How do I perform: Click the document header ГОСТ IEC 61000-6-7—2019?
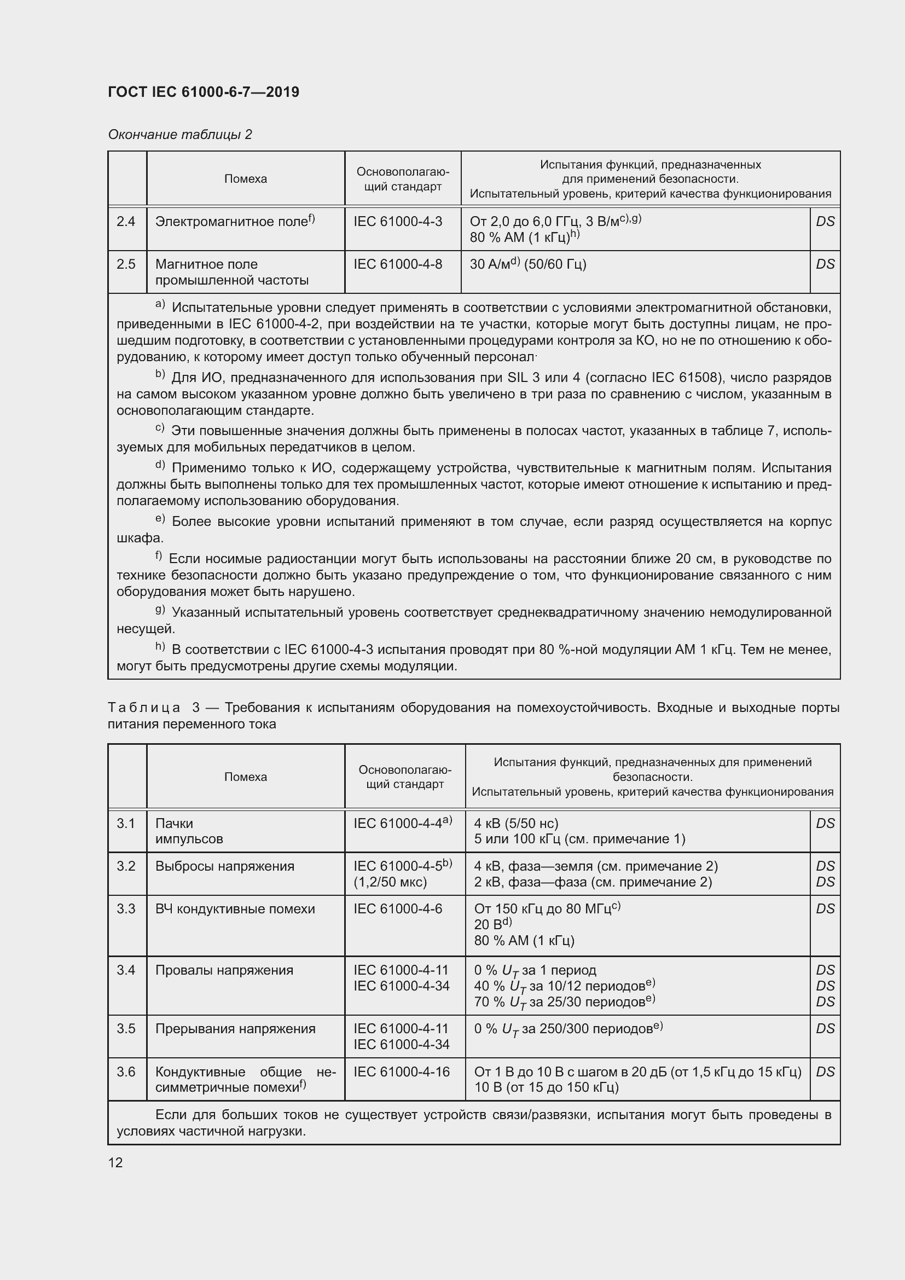click(204, 92)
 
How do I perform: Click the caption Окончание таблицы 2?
click(180, 135)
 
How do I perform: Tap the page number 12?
click(115, 1162)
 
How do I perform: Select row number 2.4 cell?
click(126, 222)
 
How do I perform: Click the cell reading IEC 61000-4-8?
click(398, 264)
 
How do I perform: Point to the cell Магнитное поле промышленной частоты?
click(232, 272)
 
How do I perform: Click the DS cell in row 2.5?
click(825, 264)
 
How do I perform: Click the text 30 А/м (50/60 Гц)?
click(527, 264)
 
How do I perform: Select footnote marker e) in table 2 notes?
click(160, 519)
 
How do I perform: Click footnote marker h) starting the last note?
click(160, 647)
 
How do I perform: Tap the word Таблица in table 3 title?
click(144, 708)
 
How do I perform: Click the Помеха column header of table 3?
click(245, 777)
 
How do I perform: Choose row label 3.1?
click(126, 824)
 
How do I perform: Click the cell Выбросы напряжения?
click(224, 866)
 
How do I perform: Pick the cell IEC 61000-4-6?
click(398, 910)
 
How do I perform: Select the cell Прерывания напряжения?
click(235, 1029)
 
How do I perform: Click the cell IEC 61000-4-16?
click(401, 1072)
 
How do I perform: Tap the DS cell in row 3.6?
click(825, 1072)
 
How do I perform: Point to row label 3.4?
click(126, 970)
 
